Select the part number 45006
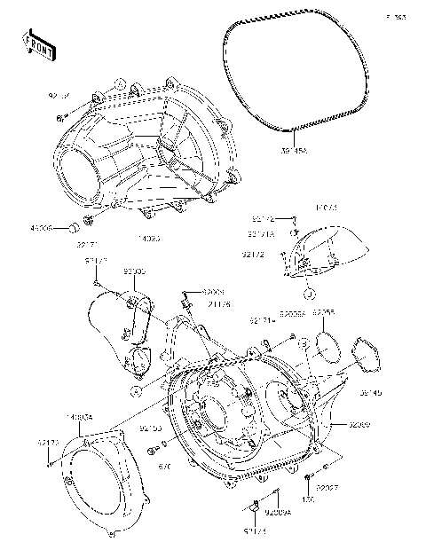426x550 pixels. pos(42,227)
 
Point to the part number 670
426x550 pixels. pos(163,465)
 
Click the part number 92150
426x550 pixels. pos(150,428)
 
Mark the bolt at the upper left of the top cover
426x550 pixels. pos(59,116)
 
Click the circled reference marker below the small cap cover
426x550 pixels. pos(307,294)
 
